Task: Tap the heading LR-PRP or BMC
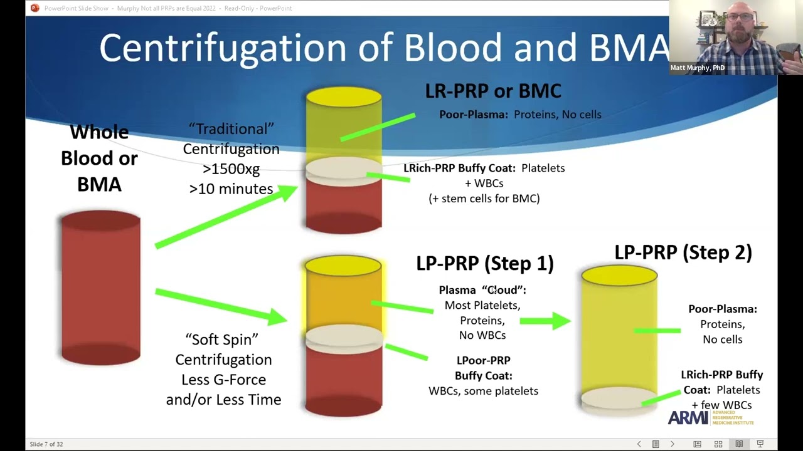(493, 91)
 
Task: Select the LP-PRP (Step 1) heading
(485, 263)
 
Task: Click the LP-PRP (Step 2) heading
(683, 252)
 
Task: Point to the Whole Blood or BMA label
(99, 158)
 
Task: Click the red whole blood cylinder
(100, 288)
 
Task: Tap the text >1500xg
(231, 169)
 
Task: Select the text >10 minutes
(231, 189)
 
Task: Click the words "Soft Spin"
(222, 340)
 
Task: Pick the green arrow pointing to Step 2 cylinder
(545, 321)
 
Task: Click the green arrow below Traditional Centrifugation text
(226, 216)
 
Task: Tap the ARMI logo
(688, 418)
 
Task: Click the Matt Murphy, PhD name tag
(697, 68)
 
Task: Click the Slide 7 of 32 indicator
(46, 444)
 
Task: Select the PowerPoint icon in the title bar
(35, 8)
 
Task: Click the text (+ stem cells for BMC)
(484, 198)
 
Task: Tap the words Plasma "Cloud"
(482, 290)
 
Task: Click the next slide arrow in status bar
(672, 444)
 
